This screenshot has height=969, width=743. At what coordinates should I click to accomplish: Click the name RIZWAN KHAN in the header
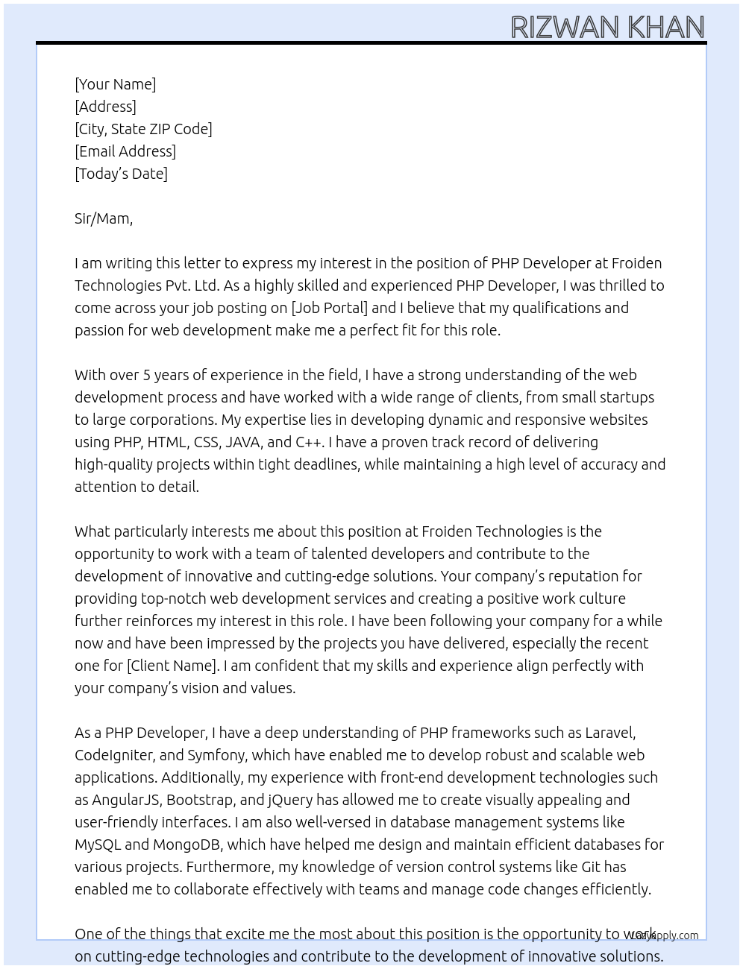(607, 28)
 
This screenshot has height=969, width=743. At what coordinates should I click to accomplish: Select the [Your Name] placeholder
(115, 84)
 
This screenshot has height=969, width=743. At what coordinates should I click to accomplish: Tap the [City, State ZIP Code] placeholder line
(143, 129)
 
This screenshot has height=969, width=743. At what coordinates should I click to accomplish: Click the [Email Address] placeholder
(125, 151)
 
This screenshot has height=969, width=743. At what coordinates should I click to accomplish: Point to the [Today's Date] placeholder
(121, 174)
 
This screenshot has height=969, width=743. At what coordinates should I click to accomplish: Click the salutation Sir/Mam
(103, 218)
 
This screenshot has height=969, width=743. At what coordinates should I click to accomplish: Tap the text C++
(309, 442)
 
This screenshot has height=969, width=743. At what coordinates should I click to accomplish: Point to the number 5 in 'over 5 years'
(146, 375)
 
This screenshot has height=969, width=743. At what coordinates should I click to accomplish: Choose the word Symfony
(216, 755)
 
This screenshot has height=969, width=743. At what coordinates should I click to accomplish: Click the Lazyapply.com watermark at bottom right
(665, 935)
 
